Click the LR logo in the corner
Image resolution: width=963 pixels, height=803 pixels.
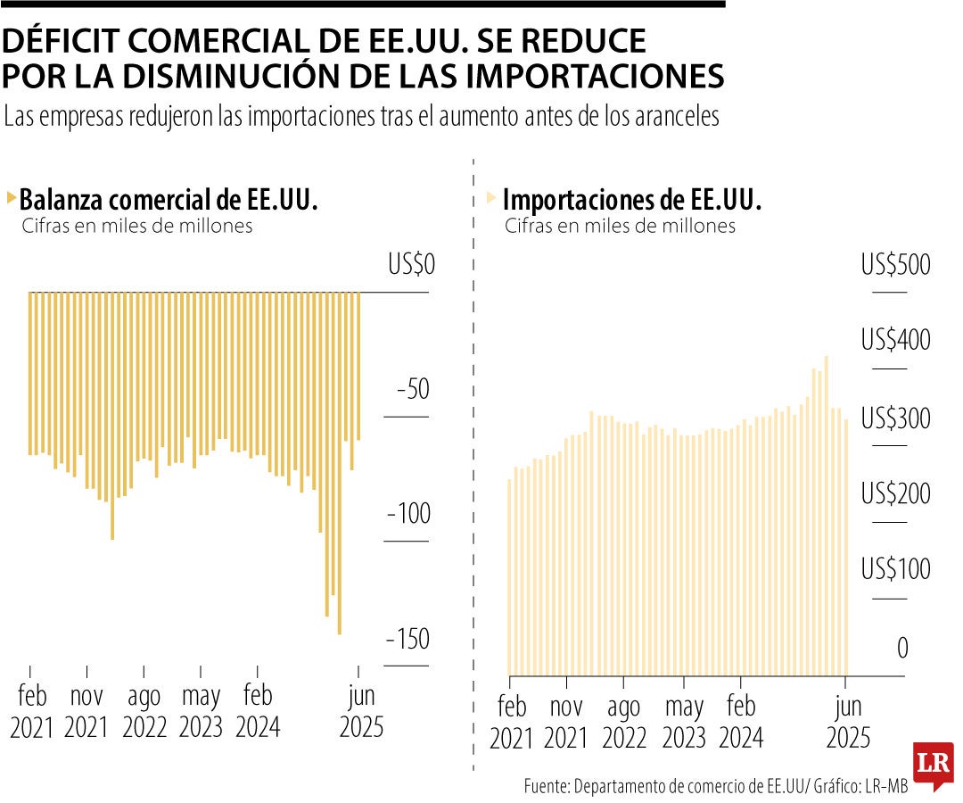pos(933,765)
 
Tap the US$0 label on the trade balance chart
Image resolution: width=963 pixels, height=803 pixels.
pos(409,265)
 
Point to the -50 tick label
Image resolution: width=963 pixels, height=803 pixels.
pos(412,391)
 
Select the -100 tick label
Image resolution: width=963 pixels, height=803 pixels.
pos(408,515)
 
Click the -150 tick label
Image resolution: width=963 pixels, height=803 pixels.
pos(408,640)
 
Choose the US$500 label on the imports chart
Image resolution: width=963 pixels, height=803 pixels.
pos(895,266)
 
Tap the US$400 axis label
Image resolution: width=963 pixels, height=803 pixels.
pos(895,341)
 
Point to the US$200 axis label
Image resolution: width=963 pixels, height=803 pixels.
pos(895,494)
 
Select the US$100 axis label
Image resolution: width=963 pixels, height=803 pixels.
pos(895,569)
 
